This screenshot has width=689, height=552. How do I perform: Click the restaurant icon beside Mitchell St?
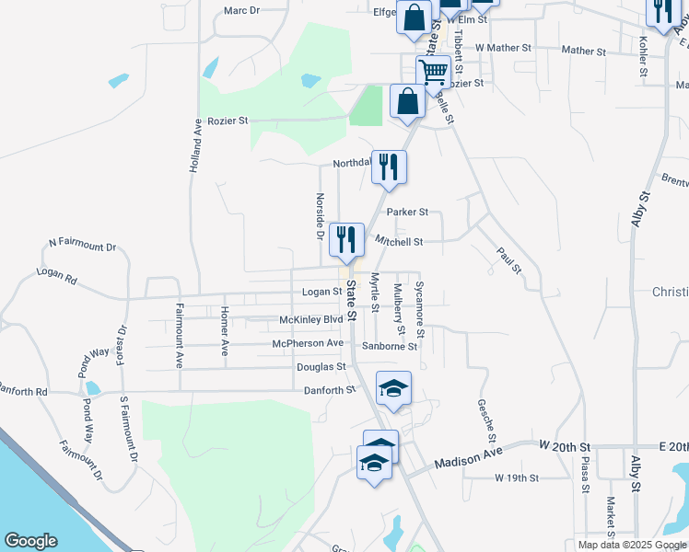[346, 240]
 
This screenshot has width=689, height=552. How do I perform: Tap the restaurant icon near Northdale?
[389, 167]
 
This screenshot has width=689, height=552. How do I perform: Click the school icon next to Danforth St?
[393, 388]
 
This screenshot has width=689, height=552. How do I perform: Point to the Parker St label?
[407, 212]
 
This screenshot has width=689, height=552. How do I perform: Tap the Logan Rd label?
[56, 273]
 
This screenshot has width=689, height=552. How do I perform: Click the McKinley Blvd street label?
[311, 320]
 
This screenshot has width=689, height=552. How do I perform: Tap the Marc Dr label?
[242, 11]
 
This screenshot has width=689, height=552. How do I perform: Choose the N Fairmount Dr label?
[83, 246]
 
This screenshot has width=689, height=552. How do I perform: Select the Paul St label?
[508, 260]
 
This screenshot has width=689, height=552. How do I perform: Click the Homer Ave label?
[224, 331]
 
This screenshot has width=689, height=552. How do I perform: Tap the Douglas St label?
[321, 366]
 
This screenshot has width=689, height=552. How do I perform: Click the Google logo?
[31, 541]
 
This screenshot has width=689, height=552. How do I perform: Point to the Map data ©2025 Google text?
[630, 545]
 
